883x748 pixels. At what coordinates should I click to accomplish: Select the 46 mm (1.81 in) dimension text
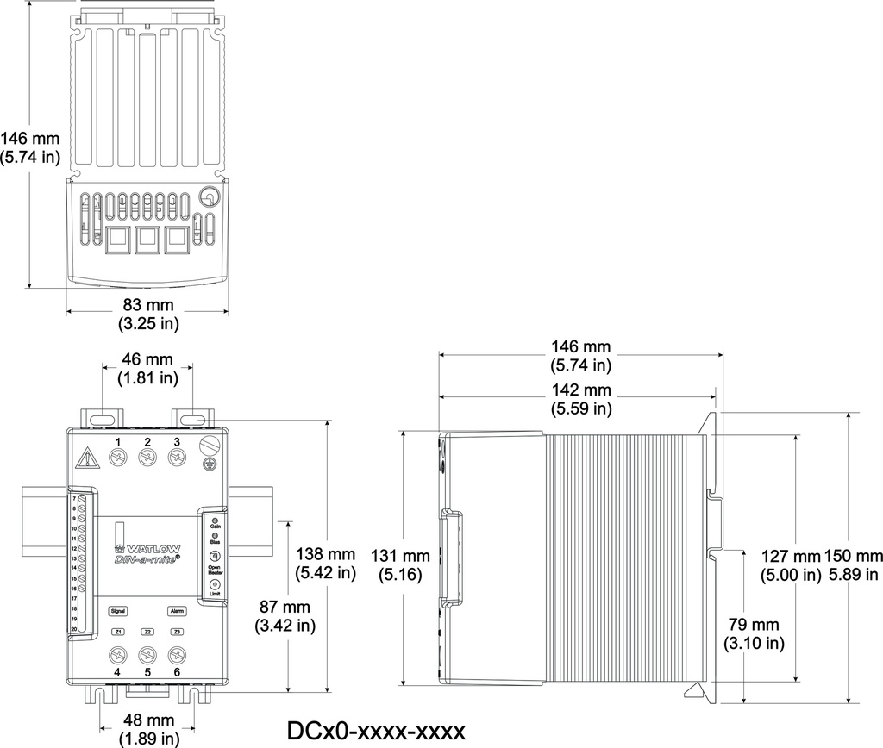tap(146, 368)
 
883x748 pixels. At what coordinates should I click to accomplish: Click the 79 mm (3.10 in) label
tap(754, 633)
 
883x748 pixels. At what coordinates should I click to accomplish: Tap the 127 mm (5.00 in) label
tap(790, 564)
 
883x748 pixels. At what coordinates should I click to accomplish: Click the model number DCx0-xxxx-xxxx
tap(376, 731)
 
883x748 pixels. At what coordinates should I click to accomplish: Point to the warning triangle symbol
tap(86, 457)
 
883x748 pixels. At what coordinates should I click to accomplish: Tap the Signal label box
tap(118, 610)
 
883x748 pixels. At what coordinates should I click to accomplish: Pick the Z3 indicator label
tap(177, 632)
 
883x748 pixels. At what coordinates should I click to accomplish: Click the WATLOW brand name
tap(147, 547)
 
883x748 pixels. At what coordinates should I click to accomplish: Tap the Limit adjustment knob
tap(213, 585)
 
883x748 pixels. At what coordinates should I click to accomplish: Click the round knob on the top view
tap(209, 198)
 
